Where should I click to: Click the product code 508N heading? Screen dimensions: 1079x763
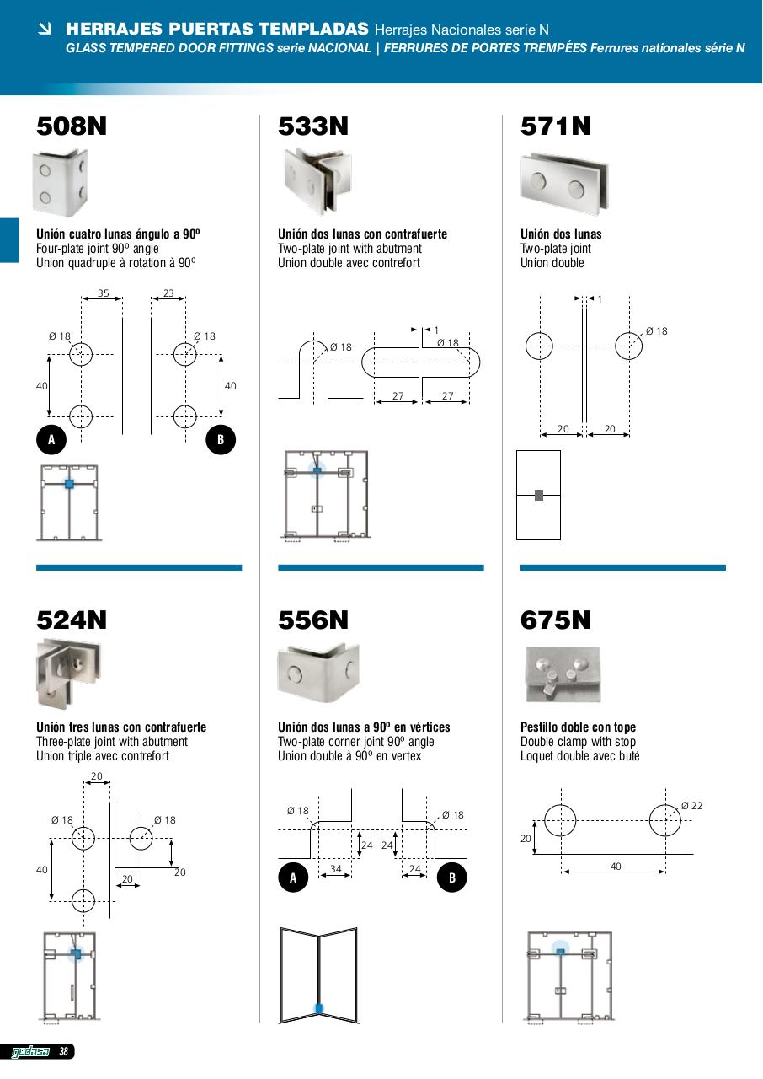pos(72,126)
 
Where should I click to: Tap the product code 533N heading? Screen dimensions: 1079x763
pos(313,126)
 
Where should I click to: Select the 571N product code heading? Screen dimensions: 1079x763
pos(556,126)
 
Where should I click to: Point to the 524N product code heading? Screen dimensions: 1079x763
pos(72,620)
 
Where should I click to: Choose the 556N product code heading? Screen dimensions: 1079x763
pos(313,620)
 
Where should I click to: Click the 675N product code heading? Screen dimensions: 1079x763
pos(556,620)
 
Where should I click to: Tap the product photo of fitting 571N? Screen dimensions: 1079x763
pos(564,183)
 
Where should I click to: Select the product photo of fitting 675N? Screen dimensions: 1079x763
pos(563,674)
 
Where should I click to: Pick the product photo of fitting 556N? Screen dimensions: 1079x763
pos(318,674)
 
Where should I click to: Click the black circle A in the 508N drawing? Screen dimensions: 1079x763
pos(51,440)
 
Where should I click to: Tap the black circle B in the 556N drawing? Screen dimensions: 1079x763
pos(452,878)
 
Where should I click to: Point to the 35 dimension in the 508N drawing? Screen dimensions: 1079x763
pos(103,294)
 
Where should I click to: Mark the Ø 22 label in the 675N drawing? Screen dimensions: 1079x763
pos(691,806)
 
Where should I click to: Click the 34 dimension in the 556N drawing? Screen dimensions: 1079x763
pos(335,868)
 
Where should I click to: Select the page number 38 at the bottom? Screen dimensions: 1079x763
pos(63,1051)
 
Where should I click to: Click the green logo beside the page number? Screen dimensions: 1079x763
pos(30,1051)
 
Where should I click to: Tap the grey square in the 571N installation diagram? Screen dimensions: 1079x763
pos(539,495)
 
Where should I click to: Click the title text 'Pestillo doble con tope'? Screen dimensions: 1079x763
pos(578,727)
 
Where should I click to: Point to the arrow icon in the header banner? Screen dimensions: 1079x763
pos(45,29)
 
